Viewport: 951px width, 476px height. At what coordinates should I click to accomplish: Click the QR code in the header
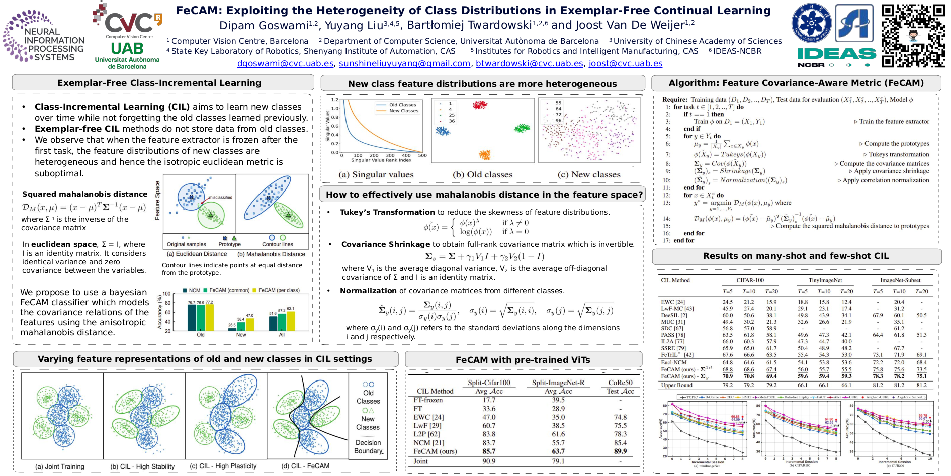coord(913,35)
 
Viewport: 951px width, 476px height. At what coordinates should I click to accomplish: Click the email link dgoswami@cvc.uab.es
coord(285,64)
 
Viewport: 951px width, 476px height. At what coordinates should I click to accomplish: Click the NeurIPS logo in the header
coord(44,36)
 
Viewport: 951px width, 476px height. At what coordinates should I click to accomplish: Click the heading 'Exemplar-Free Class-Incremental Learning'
coord(159,83)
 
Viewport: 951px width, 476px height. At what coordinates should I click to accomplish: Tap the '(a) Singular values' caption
coord(376,175)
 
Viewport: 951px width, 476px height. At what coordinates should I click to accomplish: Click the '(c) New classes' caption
coord(588,175)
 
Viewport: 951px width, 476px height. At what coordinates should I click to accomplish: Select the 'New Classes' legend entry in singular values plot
coord(403,111)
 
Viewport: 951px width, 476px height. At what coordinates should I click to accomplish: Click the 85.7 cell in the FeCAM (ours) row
coord(489,451)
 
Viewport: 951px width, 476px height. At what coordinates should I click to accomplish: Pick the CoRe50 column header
coord(620,383)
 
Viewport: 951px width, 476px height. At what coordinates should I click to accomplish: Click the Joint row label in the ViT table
coord(420,461)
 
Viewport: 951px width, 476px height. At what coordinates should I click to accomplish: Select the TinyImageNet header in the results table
coord(825,280)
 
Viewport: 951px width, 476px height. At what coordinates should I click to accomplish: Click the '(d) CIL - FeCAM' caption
coord(305,466)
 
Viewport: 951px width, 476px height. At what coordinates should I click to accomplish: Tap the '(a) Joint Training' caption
coord(59,467)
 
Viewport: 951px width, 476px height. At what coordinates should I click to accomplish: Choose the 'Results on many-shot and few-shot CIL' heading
coord(796,256)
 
